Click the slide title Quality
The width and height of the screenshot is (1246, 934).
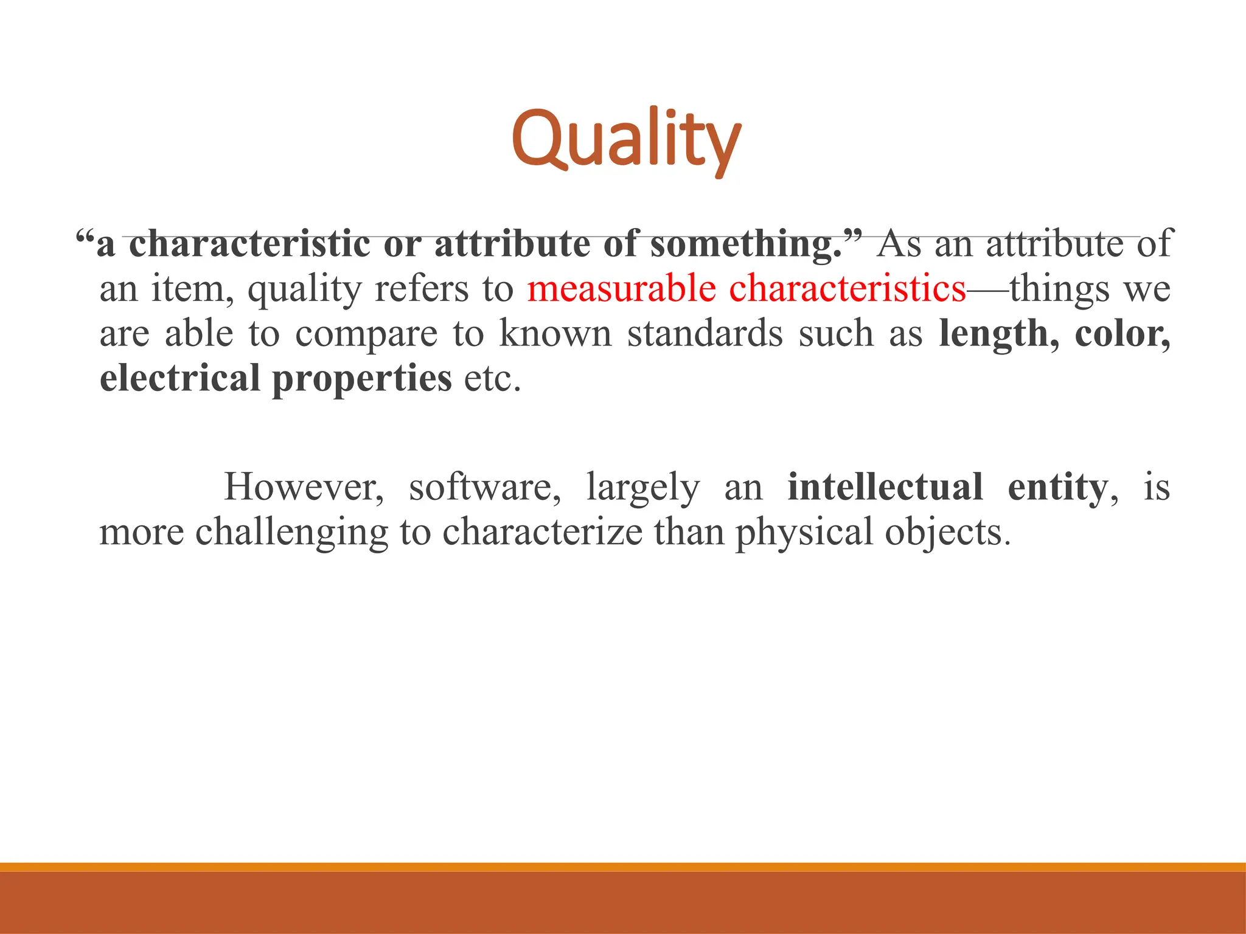(626, 140)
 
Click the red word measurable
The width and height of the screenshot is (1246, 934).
(621, 289)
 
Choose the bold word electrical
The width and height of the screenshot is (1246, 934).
(179, 378)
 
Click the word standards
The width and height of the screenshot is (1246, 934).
(705, 334)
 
